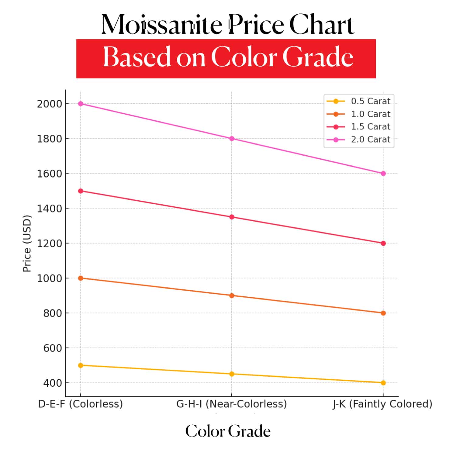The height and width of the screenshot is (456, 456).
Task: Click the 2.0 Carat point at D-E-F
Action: point(81,104)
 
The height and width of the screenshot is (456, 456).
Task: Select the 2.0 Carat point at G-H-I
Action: point(232,139)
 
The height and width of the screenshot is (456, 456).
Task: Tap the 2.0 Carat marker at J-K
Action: point(383,174)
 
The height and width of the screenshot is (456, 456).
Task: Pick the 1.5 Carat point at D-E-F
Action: point(81,191)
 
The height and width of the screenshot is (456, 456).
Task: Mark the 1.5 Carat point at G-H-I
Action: point(232,217)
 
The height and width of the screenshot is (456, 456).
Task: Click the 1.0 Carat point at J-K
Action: point(383,313)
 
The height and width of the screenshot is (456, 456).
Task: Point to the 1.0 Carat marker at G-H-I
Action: point(232,295)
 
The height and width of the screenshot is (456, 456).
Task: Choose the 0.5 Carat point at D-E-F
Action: point(81,365)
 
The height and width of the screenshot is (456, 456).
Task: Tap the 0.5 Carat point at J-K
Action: point(383,383)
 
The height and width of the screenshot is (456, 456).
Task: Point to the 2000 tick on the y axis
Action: point(50,104)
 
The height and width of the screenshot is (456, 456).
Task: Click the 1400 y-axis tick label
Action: point(50,209)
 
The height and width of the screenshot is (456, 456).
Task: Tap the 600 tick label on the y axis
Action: point(53,348)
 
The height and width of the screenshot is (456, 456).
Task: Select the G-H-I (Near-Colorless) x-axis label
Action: point(232,404)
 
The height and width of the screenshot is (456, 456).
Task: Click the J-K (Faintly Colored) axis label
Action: point(382,404)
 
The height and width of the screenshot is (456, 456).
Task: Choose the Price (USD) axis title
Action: point(27,243)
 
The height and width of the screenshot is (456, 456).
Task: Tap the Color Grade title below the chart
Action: point(228,431)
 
